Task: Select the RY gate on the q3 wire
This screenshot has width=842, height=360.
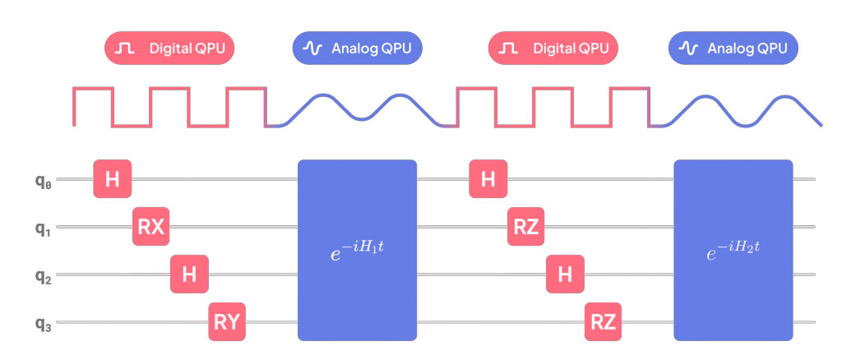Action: (x=228, y=321)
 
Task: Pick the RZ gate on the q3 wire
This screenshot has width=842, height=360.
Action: (x=604, y=321)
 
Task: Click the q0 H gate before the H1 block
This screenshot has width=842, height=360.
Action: (x=113, y=179)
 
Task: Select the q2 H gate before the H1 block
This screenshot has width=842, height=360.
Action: (x=189, y=274)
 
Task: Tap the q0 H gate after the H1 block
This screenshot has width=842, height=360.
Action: (x=488, y=179)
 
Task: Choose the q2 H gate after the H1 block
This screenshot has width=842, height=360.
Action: (x=564, y=274)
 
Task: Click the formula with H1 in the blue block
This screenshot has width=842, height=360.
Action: (x=357, y=250)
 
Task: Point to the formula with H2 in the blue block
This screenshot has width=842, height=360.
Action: (x=733, y=250)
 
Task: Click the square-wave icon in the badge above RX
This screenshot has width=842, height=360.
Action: (x=126, y=48)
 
